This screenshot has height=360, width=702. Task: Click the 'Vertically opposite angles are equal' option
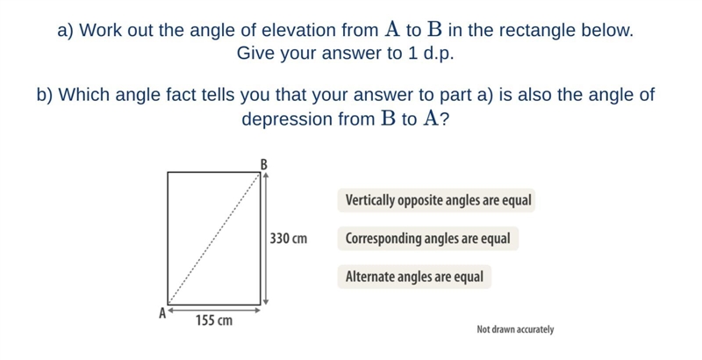tap(436, 200)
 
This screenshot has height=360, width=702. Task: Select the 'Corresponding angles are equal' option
tap(428, 238)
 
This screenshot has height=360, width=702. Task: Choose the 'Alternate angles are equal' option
tap(414, 277)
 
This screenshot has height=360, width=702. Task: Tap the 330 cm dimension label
tap(289, 238)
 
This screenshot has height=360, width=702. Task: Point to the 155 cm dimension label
tap(214, 320)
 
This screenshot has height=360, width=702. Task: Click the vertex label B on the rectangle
tap(264, 165)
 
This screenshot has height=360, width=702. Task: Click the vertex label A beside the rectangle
tap(163, 313)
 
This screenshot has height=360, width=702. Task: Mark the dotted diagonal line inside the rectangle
tap(214, 239)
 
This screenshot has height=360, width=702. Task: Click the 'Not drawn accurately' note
tap(515, 329)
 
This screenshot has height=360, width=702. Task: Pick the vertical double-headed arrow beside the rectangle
tap(265, 239)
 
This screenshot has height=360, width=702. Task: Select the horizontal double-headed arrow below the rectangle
tap(214, 309)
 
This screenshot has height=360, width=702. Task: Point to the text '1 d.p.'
tap(431, 54)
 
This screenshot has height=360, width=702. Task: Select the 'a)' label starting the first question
tap(66, 31)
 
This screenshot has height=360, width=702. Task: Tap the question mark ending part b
tap(444, 119)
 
